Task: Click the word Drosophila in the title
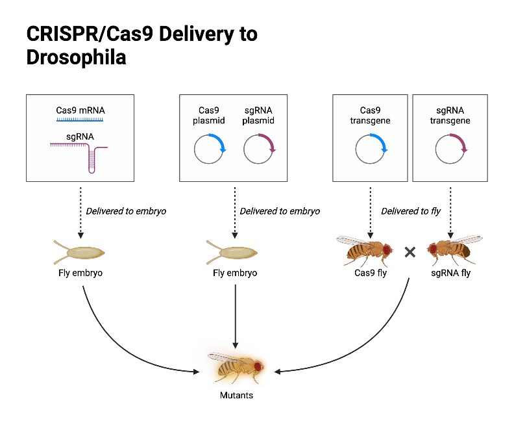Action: pyautogui.click(x=76, y=57)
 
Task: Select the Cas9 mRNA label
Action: pyautogui.click(x=80, y=110)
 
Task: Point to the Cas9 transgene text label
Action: pyautogui.click(x=371, y=115)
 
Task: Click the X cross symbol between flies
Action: pyautogui.click(x=410, y=251)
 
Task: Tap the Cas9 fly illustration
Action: pyautogui.click(x=365, y=249)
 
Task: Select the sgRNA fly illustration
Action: pyautogui.click(x=452, y=250)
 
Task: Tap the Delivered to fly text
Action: pyautogui.click(x=410, y=211)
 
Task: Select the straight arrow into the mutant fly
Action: pyautogui.click(x=235, y=312)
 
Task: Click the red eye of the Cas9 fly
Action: pyautogui.click(x=387, y=249)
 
